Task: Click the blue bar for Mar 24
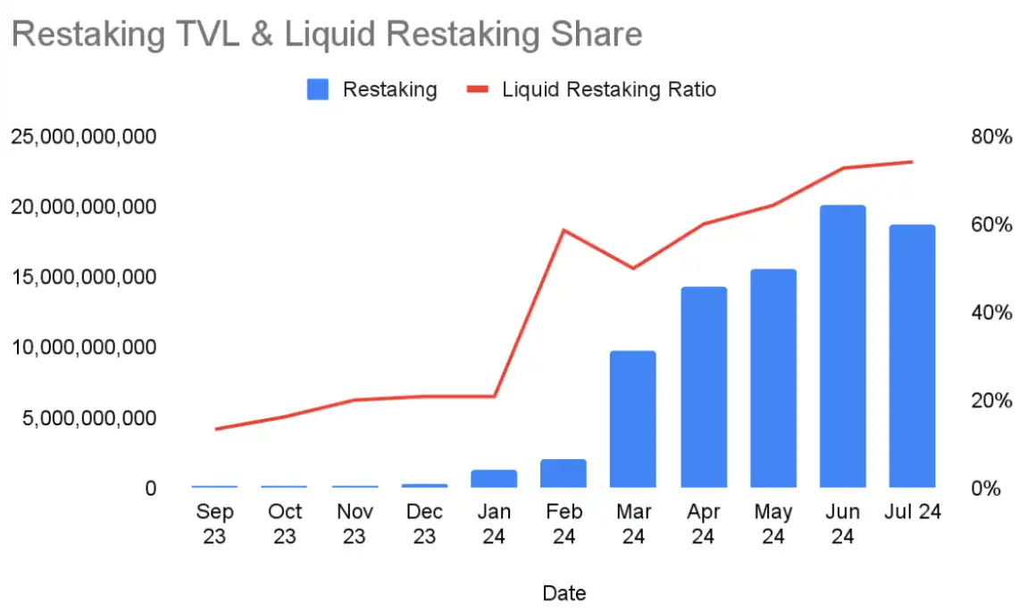[633, 419]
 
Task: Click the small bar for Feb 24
[564, 473]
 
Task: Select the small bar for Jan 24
[494, 478]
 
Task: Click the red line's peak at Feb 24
[564, 230]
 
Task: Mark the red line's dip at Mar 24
[633, 268]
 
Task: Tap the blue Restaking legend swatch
[318, 89]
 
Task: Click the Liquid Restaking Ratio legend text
[609, 89]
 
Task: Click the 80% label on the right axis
[992, 138]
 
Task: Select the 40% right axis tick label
[992, 313]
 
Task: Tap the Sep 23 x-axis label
[214, 523]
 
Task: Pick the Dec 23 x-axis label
[424, 523]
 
